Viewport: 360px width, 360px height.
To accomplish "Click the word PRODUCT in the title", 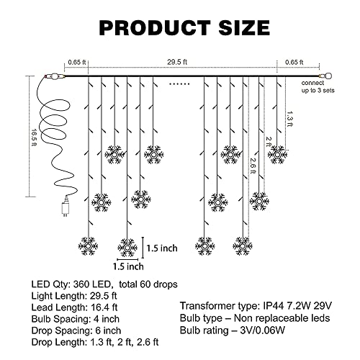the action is pyautogui.click(x=155, y=27).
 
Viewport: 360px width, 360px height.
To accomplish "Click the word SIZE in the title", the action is pyautogui.click(x=244, y=27).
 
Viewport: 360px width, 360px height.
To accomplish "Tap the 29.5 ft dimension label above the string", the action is pyautogui.click(x=177, y=62).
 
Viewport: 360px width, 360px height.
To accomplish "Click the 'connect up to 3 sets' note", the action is pyautogui.click(x=318, y=86).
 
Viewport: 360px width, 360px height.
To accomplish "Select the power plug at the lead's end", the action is pyautogui.click(x=65, y=207).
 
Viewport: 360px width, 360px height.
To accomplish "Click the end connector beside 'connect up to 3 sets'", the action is pyautogui.click(x=325, y=76).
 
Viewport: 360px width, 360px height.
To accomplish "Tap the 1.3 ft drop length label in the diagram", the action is pyautogui.click(x=290, y=119).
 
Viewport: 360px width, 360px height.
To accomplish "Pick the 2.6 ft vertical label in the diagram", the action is pyautogui.click(x=253, y=166).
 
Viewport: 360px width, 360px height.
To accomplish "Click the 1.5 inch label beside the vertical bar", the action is pyautogui.click(x=162, y=248).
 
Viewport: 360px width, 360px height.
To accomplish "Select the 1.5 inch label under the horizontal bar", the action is pyautogui.click(x=128, y=266).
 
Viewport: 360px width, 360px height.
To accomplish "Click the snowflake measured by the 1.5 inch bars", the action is pyautogui.click(x=127, y=247).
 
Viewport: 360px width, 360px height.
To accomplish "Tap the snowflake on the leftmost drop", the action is pyautogui.click(x=88, y=246).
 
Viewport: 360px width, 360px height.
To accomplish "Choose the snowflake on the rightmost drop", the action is pyautogui.click(x=277, y=155).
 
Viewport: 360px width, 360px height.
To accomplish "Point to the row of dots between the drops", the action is pyautogui.click(x=179, y=84).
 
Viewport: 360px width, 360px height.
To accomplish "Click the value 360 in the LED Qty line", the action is pyautogui.click(x=81, y=284).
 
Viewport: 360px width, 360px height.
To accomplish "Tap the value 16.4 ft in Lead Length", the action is pyautogui.click(x=104, y=307).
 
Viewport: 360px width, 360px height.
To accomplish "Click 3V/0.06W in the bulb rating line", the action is pyautogui.click(x=262, y=330).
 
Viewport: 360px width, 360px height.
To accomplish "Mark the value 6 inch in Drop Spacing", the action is pyautogui.click(x=108, y=330).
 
